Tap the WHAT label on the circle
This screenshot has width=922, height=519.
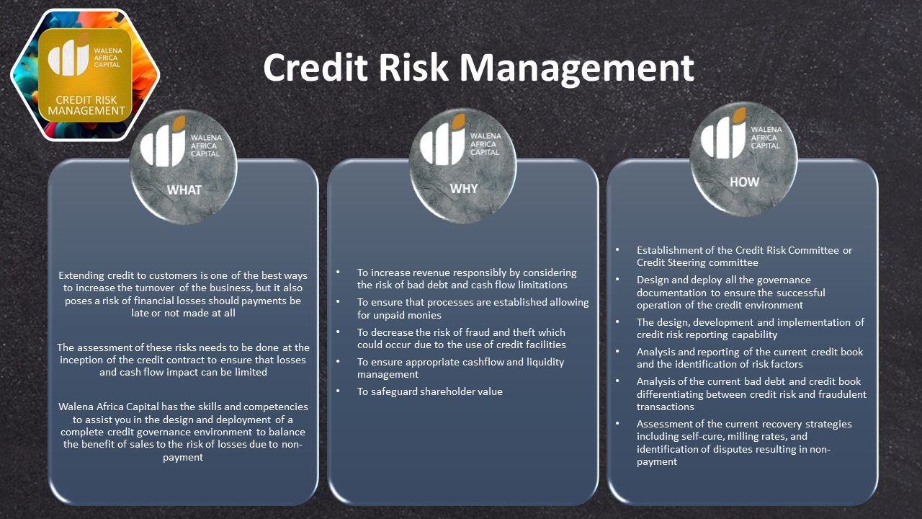coord(184,190)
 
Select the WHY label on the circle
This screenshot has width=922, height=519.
coord(464,189)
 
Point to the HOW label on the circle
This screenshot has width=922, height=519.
coord(744,182)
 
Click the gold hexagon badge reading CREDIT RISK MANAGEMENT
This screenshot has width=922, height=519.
coord(86,75)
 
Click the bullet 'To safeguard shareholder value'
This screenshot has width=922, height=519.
coord(430,391)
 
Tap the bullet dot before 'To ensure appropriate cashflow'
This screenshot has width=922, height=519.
coord(339,363)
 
